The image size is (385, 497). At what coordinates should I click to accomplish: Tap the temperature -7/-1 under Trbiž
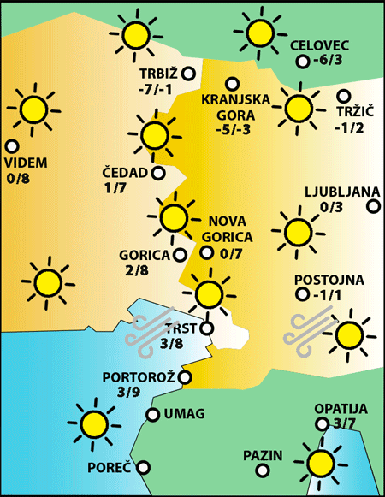157,89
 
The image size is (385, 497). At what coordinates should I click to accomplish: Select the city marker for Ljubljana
374,205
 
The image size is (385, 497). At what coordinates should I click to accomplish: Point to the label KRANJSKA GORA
235,107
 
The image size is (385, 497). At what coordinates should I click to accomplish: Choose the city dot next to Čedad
157,173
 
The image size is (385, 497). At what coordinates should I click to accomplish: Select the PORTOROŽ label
139,377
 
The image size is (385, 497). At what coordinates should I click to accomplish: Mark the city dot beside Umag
153,415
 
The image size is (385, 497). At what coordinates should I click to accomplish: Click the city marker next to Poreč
144,468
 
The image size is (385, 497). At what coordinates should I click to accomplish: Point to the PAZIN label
263,455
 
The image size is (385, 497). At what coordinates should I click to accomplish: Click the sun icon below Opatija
321,463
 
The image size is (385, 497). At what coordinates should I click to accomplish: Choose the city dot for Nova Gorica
206,252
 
